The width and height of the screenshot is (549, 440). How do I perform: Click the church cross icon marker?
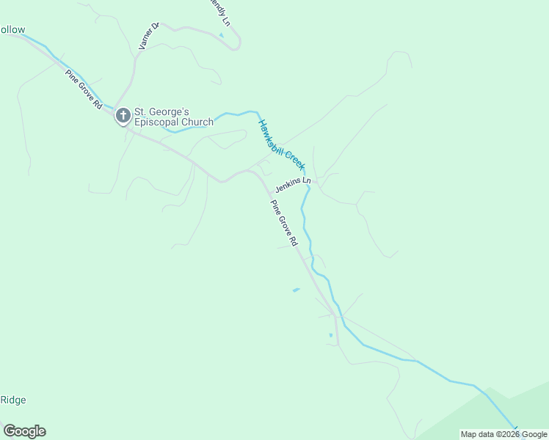coord(123,115)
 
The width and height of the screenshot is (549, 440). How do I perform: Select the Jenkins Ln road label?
coord(293,183)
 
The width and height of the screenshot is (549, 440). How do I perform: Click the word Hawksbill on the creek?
coord(272,136)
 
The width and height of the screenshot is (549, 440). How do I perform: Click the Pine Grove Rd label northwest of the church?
coord(83,89)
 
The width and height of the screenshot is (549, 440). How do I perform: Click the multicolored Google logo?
coord(24,431)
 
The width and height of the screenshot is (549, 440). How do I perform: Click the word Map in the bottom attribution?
coord(469,434)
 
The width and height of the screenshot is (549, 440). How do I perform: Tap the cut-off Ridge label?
coord(12,400)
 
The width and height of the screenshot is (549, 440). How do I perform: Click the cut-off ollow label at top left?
coord(12,30)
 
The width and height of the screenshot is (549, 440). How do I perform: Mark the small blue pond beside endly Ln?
coord(221,34)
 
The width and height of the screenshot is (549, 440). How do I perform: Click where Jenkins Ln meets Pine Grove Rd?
coord(266,191)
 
